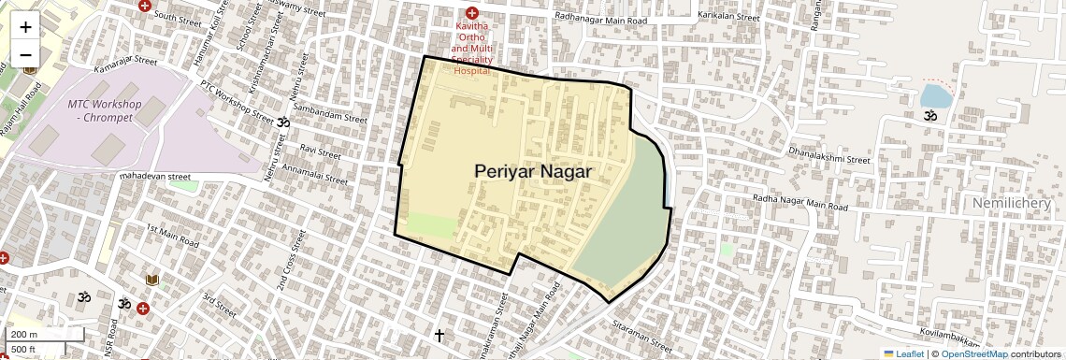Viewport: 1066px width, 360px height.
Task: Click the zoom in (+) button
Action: (x=25, y=27)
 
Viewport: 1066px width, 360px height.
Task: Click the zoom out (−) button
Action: (x=25, y=54)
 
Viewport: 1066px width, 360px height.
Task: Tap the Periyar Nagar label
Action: (x=533, y=171)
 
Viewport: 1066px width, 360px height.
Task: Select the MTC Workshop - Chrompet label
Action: (x=105, y=109)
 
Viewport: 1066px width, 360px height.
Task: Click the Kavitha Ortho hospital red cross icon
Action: (x=471, y=14)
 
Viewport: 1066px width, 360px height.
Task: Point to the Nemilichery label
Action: (x=1017, y=203)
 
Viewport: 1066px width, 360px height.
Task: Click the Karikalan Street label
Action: (x=727, y=17)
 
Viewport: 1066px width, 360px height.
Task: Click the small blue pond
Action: (x=935, y=95)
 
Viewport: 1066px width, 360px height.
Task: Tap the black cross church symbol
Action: (x=439, y=334)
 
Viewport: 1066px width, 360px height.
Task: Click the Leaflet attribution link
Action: (x=903, y=353)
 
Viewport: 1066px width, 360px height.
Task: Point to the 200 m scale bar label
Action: (x=24, y=335)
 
